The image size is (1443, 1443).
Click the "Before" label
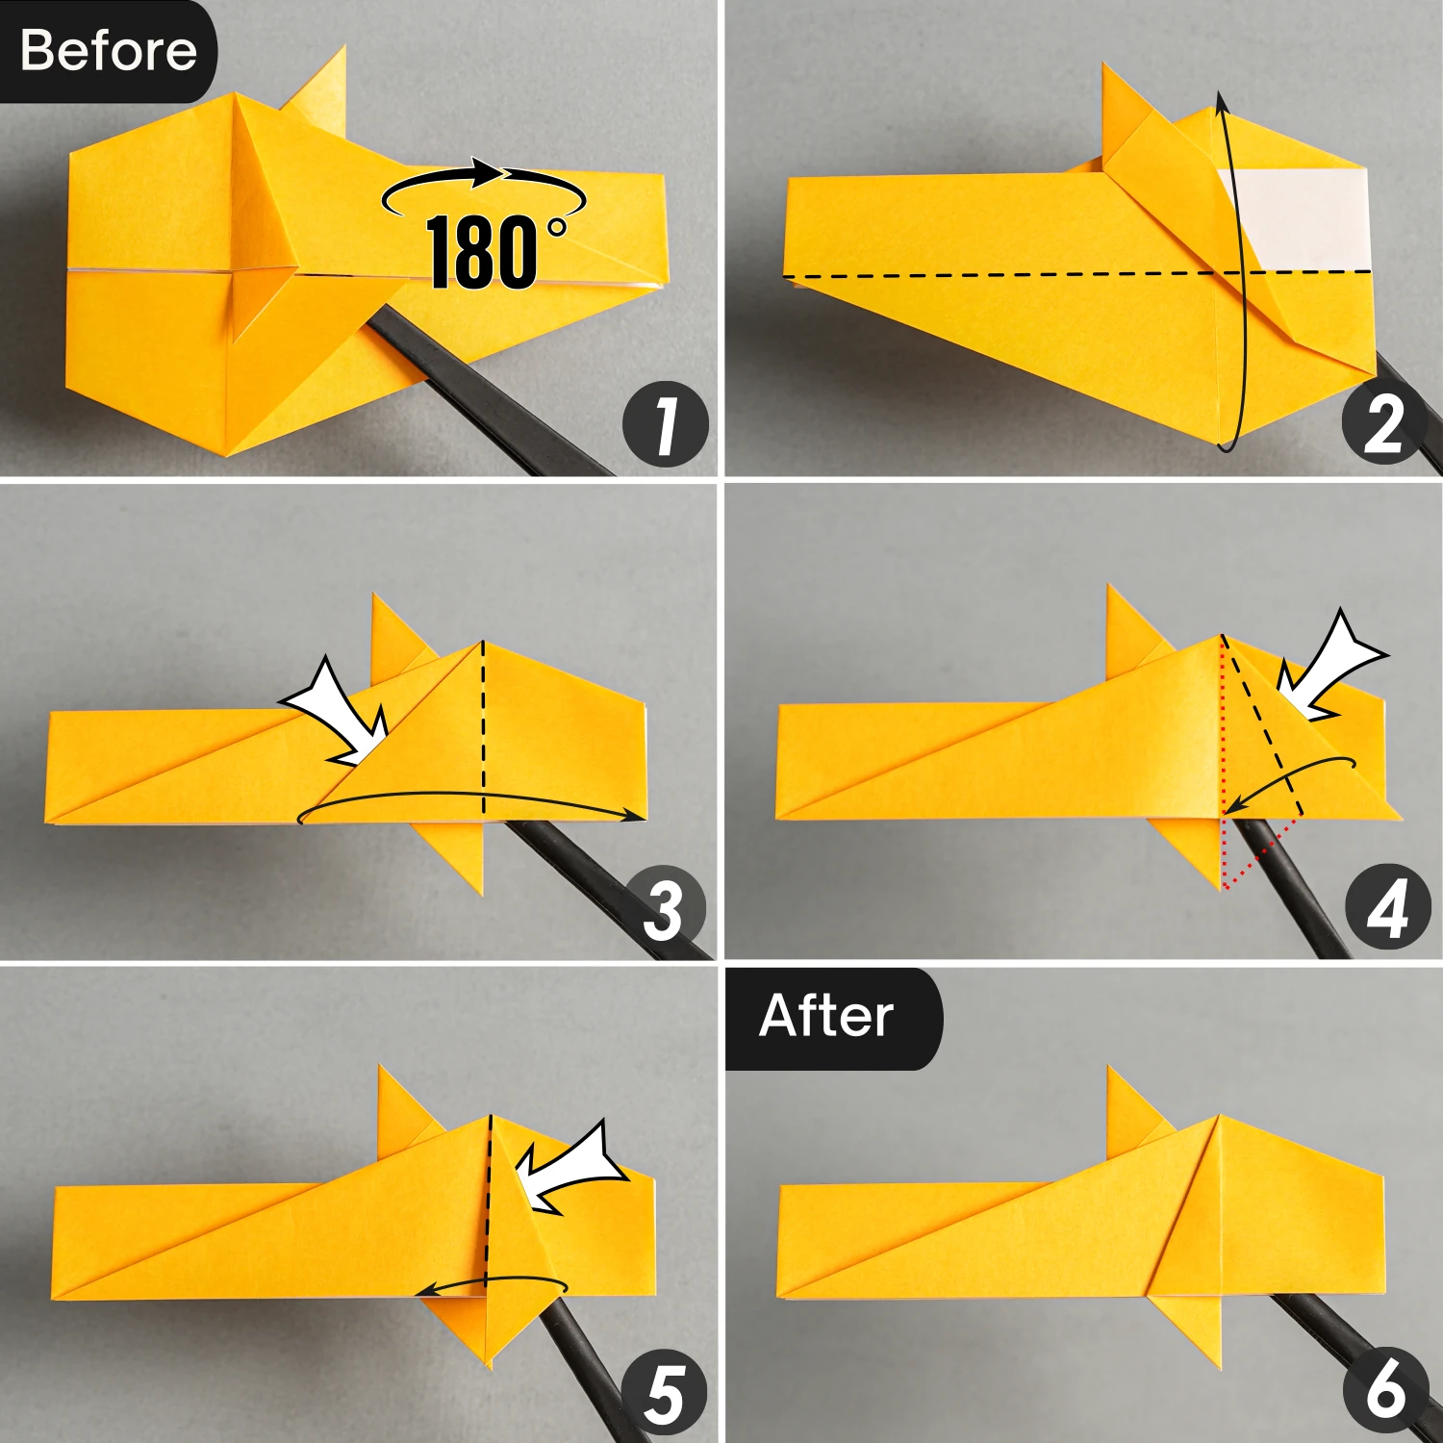coord(108,50)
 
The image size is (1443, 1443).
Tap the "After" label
coord(826,1016)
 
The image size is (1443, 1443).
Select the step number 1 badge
coord(666,425)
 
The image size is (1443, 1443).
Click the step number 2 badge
coord(1384,423)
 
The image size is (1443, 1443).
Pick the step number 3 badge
coord(664,910)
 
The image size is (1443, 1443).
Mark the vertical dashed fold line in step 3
coord(483,731)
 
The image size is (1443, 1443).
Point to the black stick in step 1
coord(481,394)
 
